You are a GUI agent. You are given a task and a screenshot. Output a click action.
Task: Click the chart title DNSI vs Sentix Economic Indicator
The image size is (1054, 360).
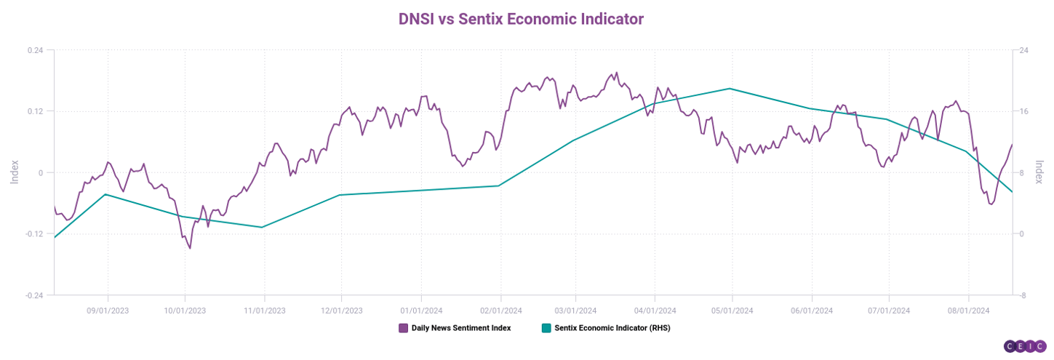click(x=521, y=19)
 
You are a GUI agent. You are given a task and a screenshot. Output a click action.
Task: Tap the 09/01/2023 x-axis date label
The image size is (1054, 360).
click(x=108, y=311)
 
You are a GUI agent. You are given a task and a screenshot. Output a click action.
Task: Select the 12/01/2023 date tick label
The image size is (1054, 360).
click(x=341, y=311)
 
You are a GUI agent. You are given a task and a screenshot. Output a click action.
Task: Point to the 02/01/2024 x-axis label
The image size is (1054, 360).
click(x=500, y=311)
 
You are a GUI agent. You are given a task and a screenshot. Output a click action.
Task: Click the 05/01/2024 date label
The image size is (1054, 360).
click(x=732, y=311)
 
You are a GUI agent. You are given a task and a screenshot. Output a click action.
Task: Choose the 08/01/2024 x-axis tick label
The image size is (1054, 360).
click(x=968, y=311)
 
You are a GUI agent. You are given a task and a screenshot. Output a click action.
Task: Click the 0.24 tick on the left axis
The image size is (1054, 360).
click(x=35, y=50)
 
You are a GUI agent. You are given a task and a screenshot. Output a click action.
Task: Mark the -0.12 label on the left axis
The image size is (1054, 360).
click(x=33, y=233)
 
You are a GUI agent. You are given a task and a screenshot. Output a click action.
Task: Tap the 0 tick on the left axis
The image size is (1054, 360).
click(x=41, y=172)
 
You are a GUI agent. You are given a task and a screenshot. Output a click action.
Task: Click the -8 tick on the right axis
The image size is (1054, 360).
click(x=1023, y=295)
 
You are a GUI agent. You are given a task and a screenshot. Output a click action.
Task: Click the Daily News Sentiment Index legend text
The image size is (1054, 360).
click(x=461, y=328)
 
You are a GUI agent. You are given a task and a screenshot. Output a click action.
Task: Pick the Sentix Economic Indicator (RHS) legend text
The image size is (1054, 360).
click(x=612, y=328)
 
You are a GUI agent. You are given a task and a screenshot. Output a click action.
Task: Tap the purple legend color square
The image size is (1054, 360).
click(x=403, y=328)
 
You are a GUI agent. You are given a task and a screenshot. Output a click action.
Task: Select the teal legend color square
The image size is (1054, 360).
click(x=546, y=328)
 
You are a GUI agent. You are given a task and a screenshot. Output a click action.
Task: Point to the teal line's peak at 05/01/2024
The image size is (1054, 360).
click(x=730, y=89)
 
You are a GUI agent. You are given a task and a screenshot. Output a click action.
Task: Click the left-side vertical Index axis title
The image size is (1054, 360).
click(x=14, y=172)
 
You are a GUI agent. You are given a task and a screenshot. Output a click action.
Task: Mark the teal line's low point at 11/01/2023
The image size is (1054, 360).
click(x=263, y=227)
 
